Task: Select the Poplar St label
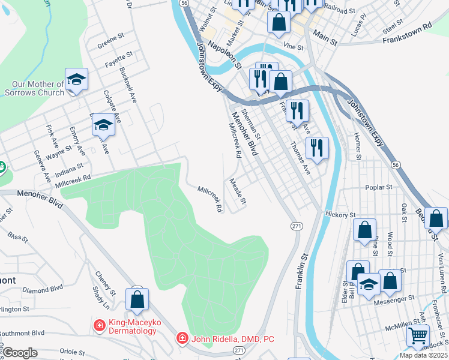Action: click(378, 187)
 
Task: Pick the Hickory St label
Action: click(340, 214)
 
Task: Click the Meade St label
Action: click(238, 191)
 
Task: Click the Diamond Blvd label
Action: click(43, 289)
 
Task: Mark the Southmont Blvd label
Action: click(22, 332)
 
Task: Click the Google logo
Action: click(20, 352)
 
